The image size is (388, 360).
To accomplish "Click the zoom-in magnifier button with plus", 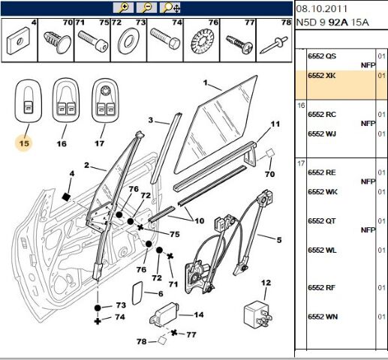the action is pyautogui.click(x=123, y=7).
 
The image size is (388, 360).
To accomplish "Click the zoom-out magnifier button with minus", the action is pyautogui.click(x=146, y=7).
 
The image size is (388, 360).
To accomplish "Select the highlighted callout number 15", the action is pyautogui.click(x=24, y=143).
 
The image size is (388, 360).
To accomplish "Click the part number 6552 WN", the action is pyautogui.click(x=323, y=316).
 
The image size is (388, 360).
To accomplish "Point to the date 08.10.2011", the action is pyautogui.click(x=322, y=9).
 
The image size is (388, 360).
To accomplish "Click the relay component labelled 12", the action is pyautogui.click(x=257, y=313).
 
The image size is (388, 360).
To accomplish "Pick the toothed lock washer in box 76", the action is pyautogui.click(x=201, y=42).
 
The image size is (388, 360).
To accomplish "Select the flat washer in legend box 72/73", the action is pyautogui.click(x=128, y=40).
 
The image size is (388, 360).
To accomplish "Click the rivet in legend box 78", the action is pyautogui.click(x=274, y=45).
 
